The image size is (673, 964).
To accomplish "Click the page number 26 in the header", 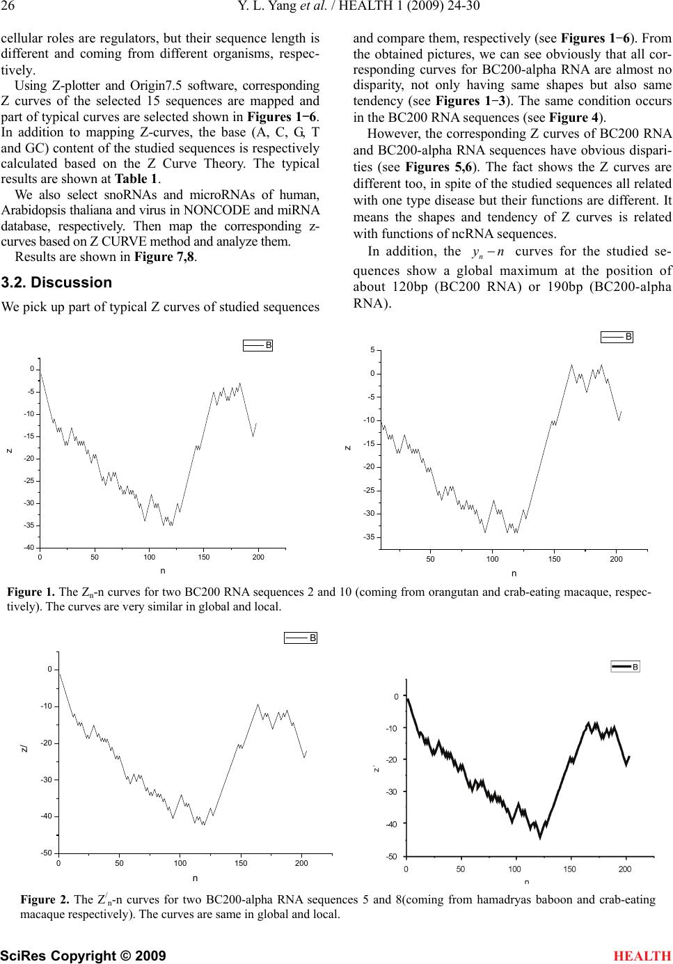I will pos(8,8).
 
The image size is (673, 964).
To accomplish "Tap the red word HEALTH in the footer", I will pos(642,956).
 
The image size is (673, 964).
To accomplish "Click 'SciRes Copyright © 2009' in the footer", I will pos(84,956).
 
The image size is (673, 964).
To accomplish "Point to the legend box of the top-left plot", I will pos(258,345).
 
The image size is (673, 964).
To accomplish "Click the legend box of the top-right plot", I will pos(617,337).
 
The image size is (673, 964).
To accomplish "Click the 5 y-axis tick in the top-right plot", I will pos(372,350).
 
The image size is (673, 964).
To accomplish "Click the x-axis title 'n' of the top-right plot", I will pos(514,574).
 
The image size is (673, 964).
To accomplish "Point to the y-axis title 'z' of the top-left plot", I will pos(9,451).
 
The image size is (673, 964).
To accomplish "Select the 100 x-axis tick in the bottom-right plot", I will pos(515,869).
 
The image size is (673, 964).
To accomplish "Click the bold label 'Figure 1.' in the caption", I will pos(31,593).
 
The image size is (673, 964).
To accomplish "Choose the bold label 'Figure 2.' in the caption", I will pos(45,900).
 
